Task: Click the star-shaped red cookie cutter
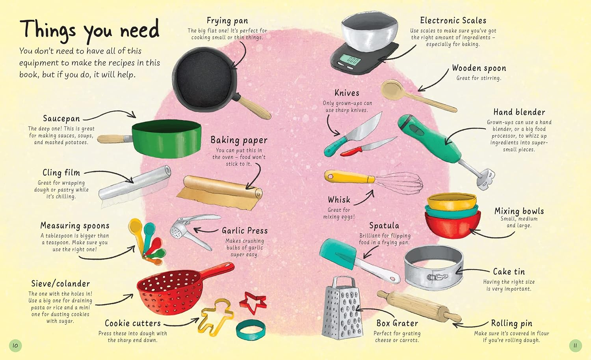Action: point(253,302)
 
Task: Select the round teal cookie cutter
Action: point(251,330)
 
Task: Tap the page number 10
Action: point(15,345)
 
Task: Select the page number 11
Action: point(575,346)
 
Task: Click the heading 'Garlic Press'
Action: point(244,231)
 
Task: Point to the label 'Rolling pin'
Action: point(511,323)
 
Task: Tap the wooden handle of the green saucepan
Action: point(113,139)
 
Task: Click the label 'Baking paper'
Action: point(239,140)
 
